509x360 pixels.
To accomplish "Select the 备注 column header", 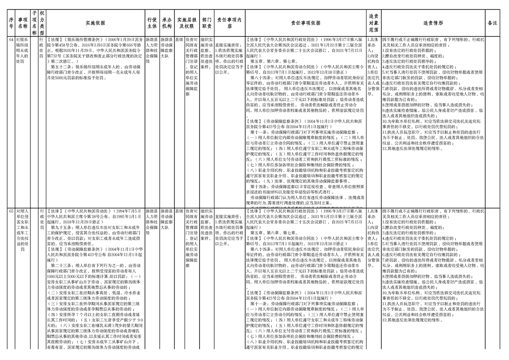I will (492, 22).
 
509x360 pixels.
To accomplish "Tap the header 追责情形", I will (433, 22).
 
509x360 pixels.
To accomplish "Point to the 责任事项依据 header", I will (305, 22).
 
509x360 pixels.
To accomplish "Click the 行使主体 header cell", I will (152, 22).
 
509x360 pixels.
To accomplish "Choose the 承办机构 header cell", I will (167, 22).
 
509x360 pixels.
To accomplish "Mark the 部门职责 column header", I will (206, 22).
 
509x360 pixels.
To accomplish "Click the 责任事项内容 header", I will (230, 22).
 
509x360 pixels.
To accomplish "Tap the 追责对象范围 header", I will (374, 22).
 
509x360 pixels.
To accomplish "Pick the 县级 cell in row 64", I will (180, 39).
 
